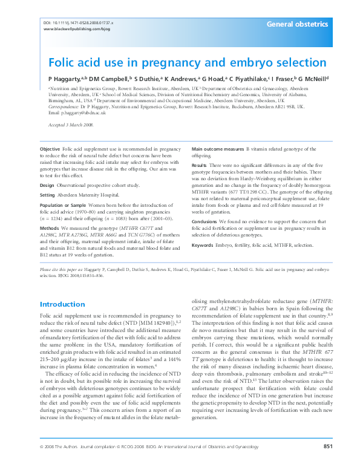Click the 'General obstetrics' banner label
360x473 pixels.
point(297,25)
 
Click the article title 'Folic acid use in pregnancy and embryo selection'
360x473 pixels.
point(187,62)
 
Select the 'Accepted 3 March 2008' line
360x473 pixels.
point(71,125)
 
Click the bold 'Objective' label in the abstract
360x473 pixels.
point(50,149)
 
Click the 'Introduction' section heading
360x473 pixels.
point(62,304)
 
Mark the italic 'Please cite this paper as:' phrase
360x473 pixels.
point(59,269)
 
